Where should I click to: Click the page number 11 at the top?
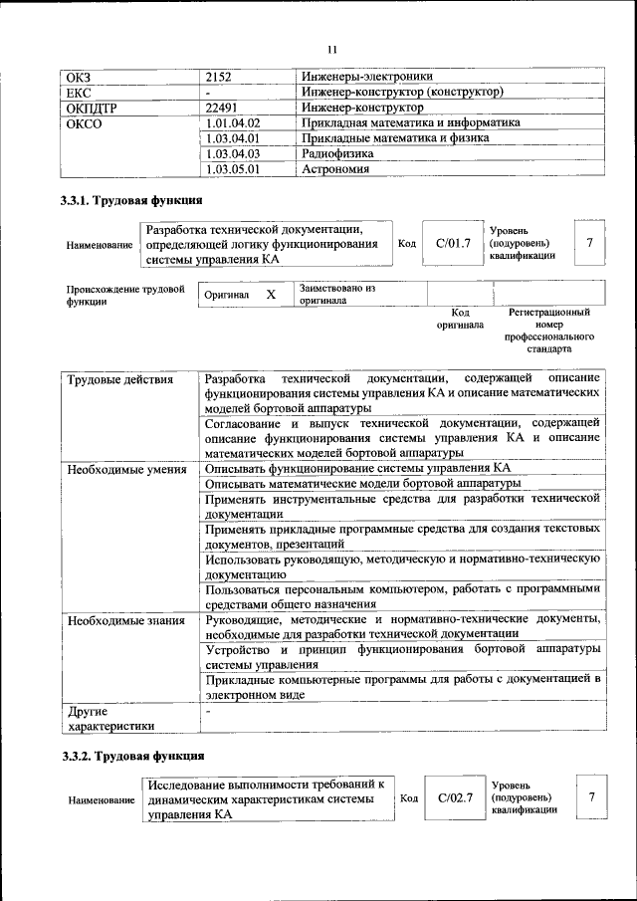(332, 49)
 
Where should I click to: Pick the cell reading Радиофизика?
(337, 154)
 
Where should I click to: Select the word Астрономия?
(335, 170)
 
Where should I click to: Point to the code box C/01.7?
(453, 244)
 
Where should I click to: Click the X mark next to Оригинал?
(270, 296)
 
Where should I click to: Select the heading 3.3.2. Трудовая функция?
(133, 757)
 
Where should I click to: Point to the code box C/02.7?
(455, 798)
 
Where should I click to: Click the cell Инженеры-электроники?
(367, 76)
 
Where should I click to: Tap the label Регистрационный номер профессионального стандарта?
(548, 331)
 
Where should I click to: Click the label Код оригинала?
(459, 318)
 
